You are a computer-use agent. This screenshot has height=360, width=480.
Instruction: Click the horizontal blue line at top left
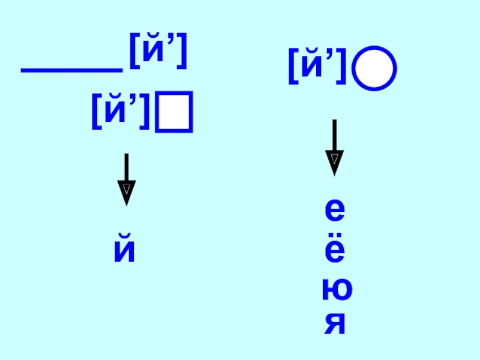pyautogui.click(x=71, y=71)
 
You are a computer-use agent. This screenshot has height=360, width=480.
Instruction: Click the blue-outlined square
pyautogui.click(x=174, y=111)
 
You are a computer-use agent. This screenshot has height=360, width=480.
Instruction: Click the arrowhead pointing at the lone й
pyautogui.click(x=126, y=193)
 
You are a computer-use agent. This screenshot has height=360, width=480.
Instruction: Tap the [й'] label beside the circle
pyautogui.click(x=318, y=67)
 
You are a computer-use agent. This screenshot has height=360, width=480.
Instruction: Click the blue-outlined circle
pyautogui.click(x=374, y=69)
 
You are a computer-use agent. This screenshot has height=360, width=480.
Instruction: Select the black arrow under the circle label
pyautogui.click(x=334, y=147)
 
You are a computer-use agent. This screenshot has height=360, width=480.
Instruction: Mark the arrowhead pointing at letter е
pyautogui.click(x=334, y=163)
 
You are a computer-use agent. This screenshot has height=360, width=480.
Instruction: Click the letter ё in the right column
pyautogui.click(x=334, y=252)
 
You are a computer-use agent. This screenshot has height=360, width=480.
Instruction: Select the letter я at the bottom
pyautogui.click(x=335, y=324)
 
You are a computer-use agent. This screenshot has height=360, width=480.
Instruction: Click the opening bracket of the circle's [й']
pyautogui.click(x=292, y=68)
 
